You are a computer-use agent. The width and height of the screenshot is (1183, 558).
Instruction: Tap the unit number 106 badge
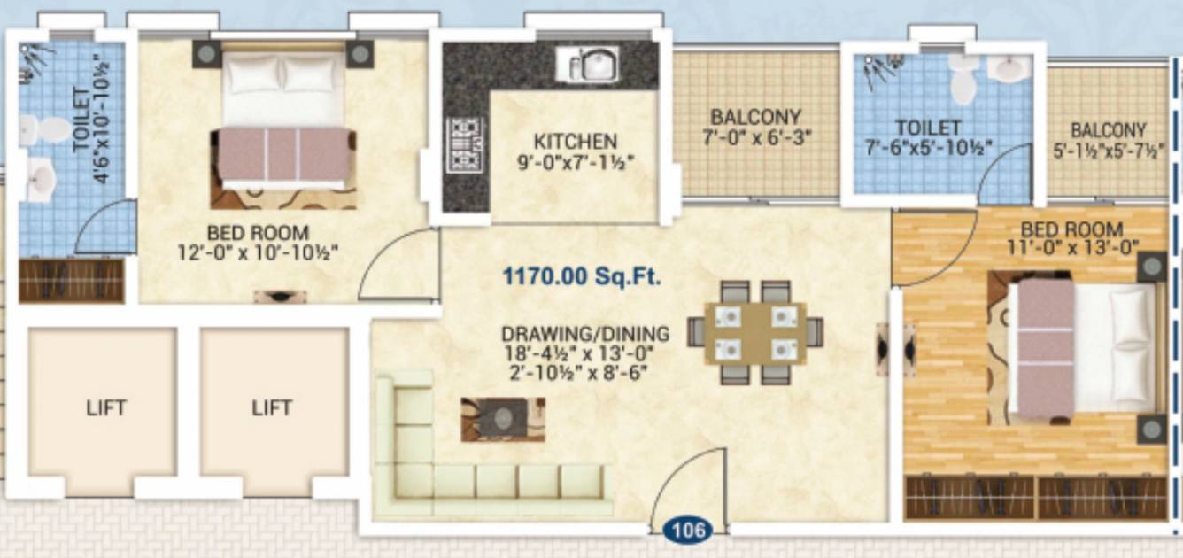point(688,530)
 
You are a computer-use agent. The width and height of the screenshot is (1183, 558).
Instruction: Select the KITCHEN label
point(575,142)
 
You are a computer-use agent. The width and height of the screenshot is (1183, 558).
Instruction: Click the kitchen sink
point(588,64)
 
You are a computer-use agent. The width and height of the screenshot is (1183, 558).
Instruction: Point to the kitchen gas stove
point(464,144)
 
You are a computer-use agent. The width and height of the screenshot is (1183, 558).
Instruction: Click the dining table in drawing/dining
point(754,332)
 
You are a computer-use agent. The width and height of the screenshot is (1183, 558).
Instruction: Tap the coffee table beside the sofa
point(502,419)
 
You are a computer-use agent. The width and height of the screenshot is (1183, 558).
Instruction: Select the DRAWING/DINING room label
point(585,335)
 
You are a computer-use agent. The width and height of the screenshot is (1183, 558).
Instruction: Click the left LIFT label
point(105,408)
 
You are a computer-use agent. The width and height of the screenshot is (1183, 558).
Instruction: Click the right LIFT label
point(271,408)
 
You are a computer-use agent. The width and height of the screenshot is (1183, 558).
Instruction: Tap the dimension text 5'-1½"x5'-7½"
point(1107,150)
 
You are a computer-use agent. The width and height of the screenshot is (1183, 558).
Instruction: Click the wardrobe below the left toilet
point(71,281)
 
